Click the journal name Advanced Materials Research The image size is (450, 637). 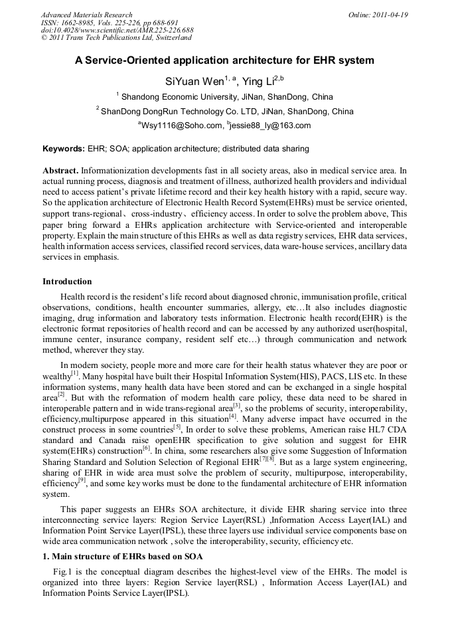[86, 15]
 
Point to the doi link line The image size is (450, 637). [117, 30]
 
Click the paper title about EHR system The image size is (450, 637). [224, 60]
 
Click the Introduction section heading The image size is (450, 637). [67, 282]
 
